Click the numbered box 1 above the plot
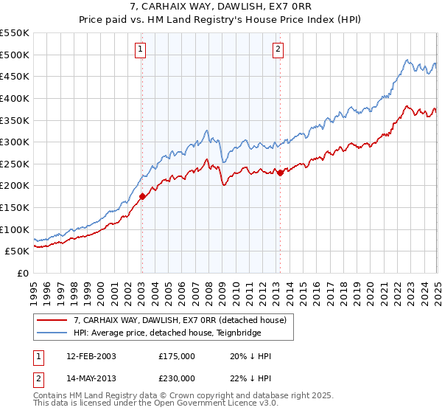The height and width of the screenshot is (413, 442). click(140, 49)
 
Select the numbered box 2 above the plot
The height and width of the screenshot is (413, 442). click(278, 49)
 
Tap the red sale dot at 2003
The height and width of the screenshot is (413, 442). click(142, 196)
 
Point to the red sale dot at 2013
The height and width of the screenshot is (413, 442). click(280, 173)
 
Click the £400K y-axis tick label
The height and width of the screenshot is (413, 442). click(15, 98)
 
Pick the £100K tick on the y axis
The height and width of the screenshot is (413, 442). click(15, 229)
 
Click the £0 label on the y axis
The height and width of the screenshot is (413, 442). click(24, 273)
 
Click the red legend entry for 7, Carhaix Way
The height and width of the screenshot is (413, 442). click(183, 319)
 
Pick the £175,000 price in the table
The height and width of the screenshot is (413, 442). click(175, 356)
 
